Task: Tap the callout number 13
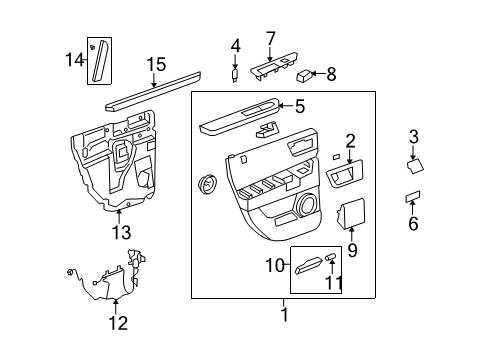(120, 232)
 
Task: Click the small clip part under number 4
(235, 73)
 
